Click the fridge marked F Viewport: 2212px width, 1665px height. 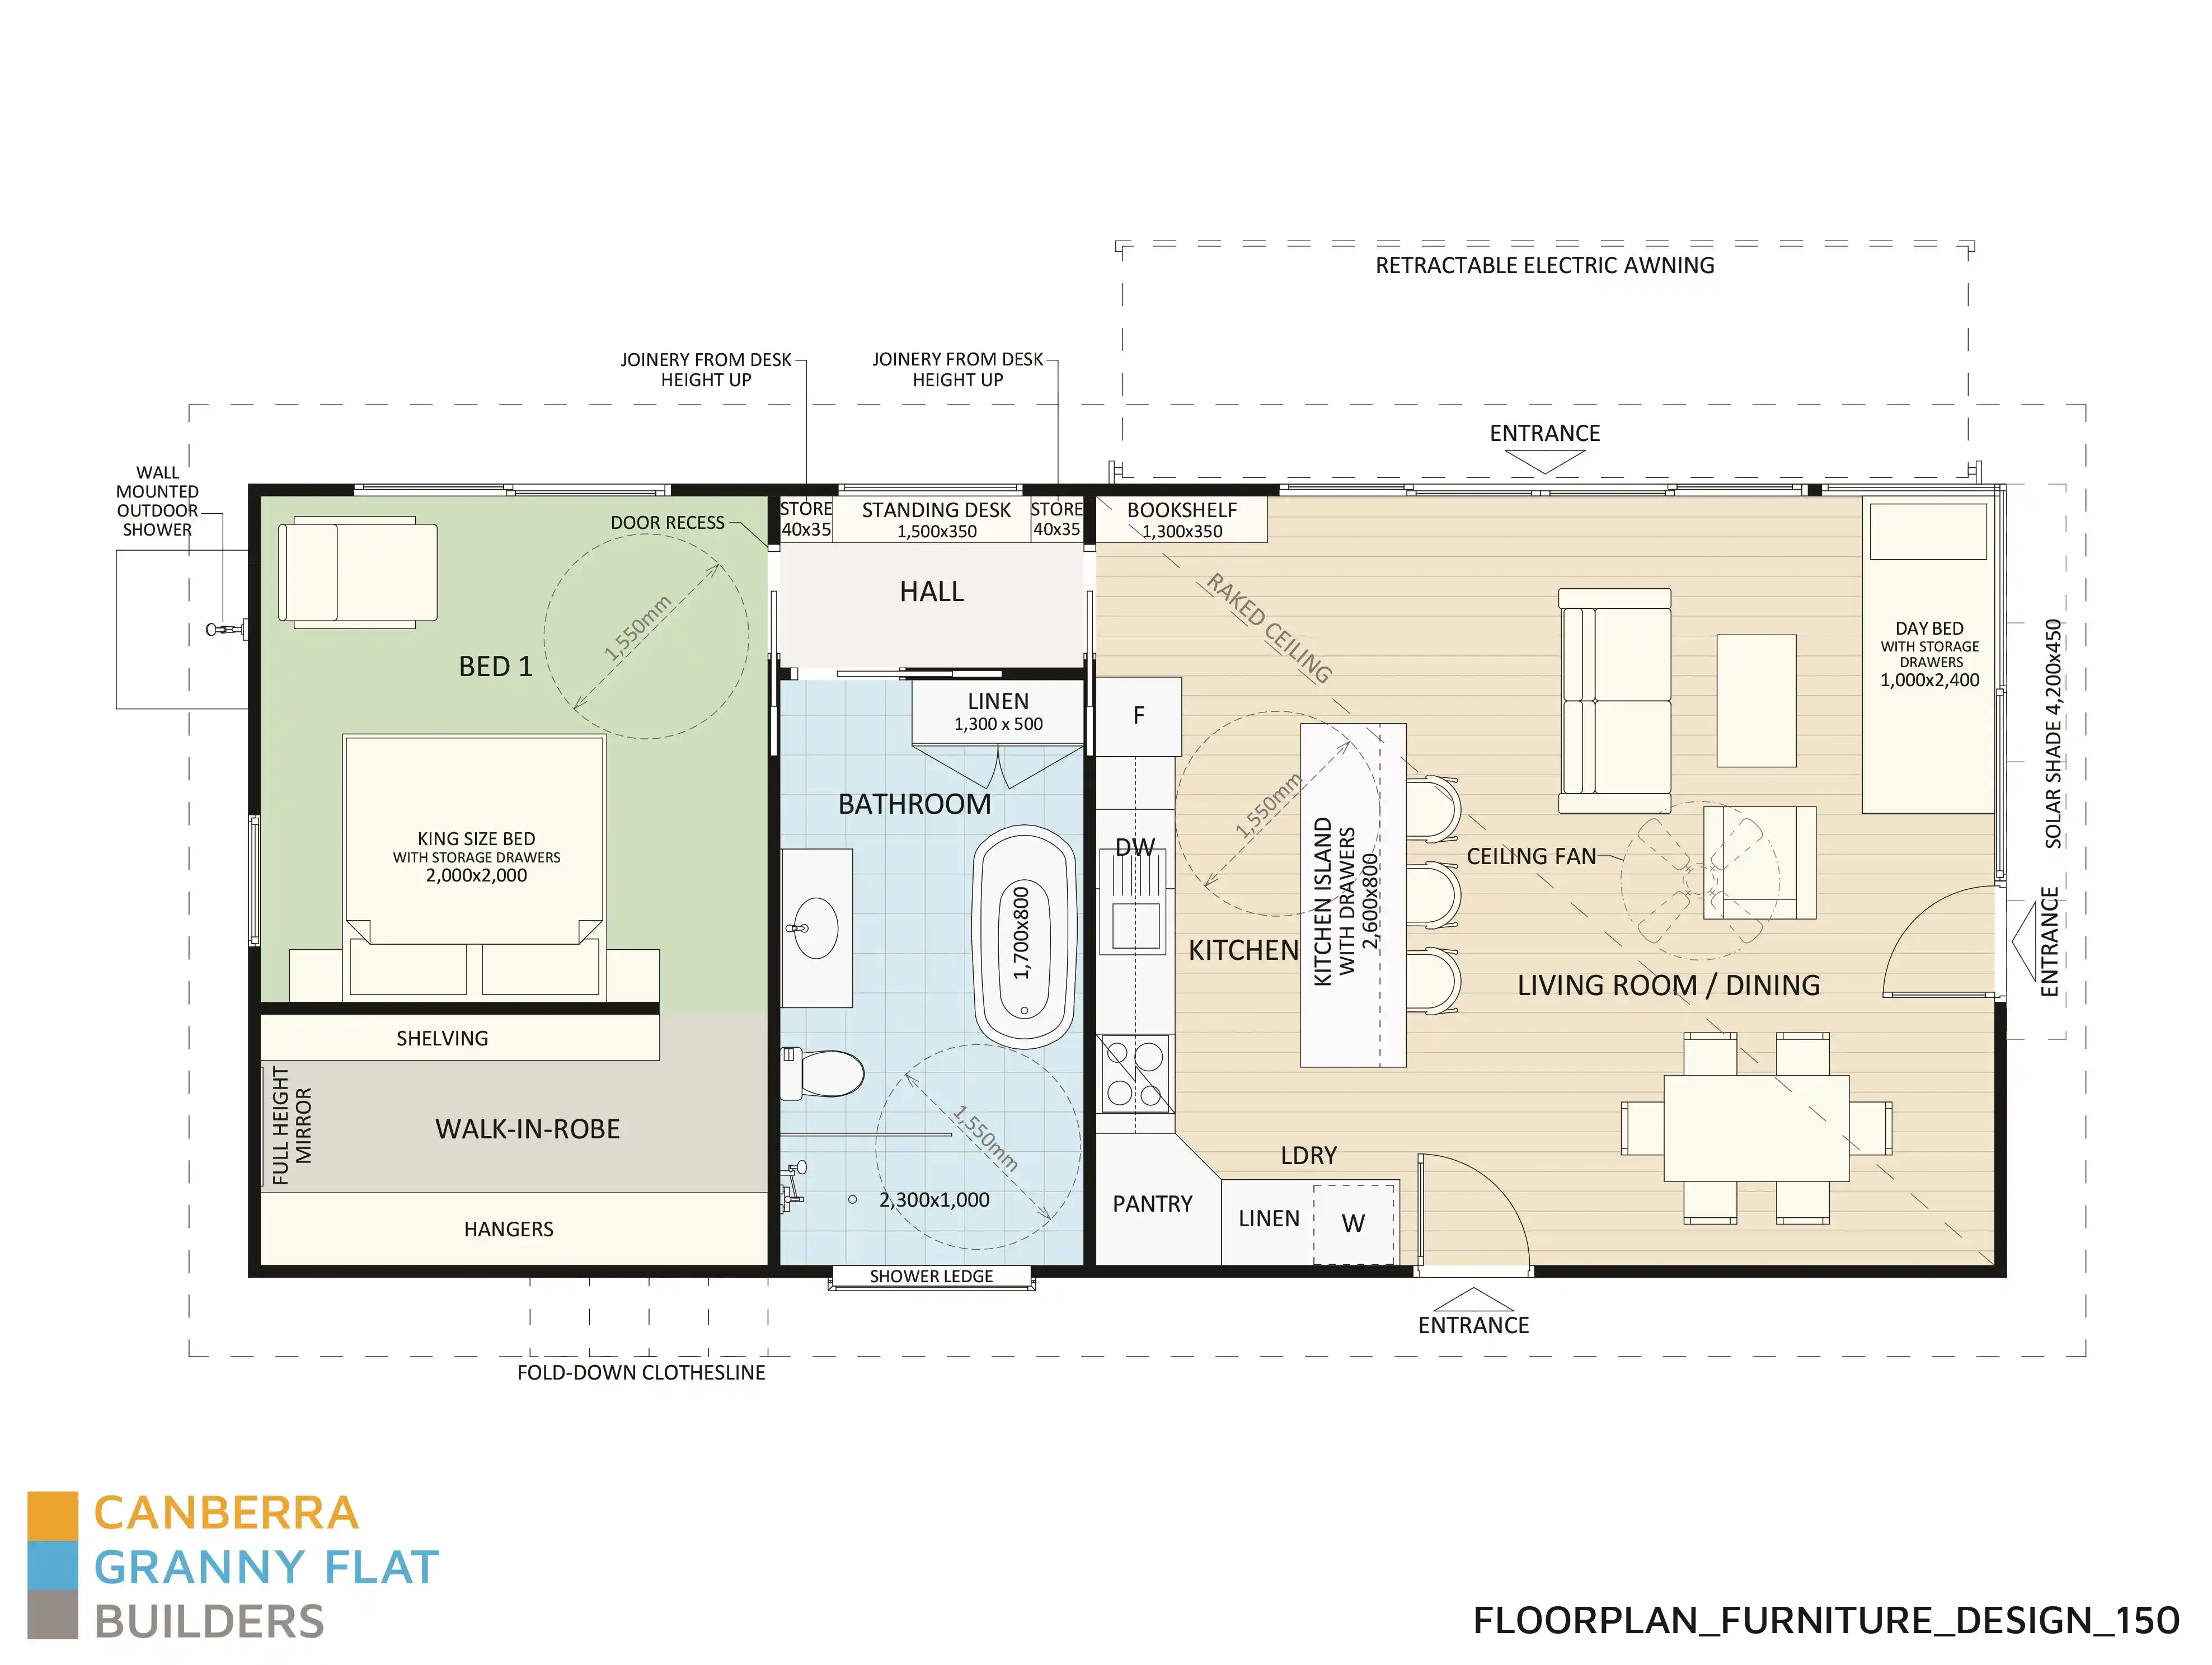click(1138, 716)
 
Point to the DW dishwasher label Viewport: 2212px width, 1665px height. click(1135, 848)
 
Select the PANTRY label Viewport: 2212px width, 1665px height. click(1152, 1204)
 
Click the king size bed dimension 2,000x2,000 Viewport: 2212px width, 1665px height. click(476, 876)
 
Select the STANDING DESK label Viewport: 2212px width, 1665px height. click(936, 510)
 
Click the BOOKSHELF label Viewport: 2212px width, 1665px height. click(1181, 510)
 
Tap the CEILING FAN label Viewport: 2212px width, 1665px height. click(1531, 857)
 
